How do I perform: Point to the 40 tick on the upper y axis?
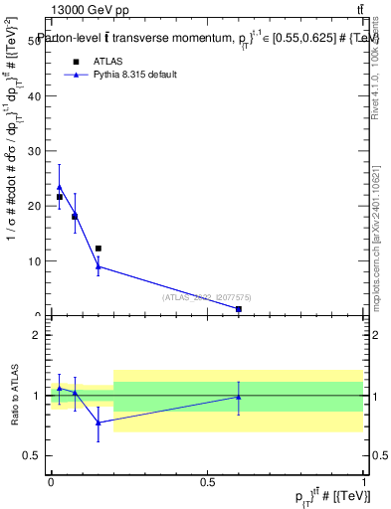click(37, 96)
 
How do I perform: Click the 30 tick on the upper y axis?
click(37, 151)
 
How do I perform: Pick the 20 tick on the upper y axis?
click(37, 206)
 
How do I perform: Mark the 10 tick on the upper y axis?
click(37, 261)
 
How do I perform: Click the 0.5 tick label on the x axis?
click(207, 482)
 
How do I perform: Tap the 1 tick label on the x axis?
click(364, 482)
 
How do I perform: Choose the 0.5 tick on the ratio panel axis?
click(36, 456)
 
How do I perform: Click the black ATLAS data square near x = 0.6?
click(239, 309)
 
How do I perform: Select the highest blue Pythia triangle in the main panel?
click(60, 186)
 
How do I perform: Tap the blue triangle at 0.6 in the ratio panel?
click(239, 397)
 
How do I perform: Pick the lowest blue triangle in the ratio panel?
click(98, 423)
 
